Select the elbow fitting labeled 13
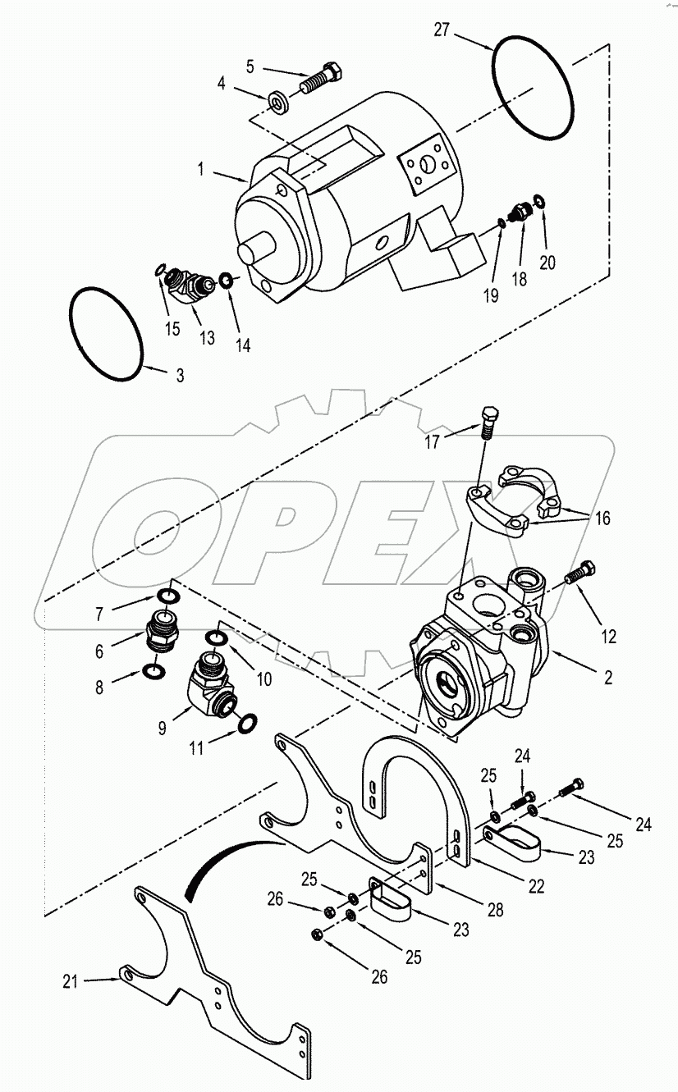tap(190, 287)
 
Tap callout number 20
tap(547, 263)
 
